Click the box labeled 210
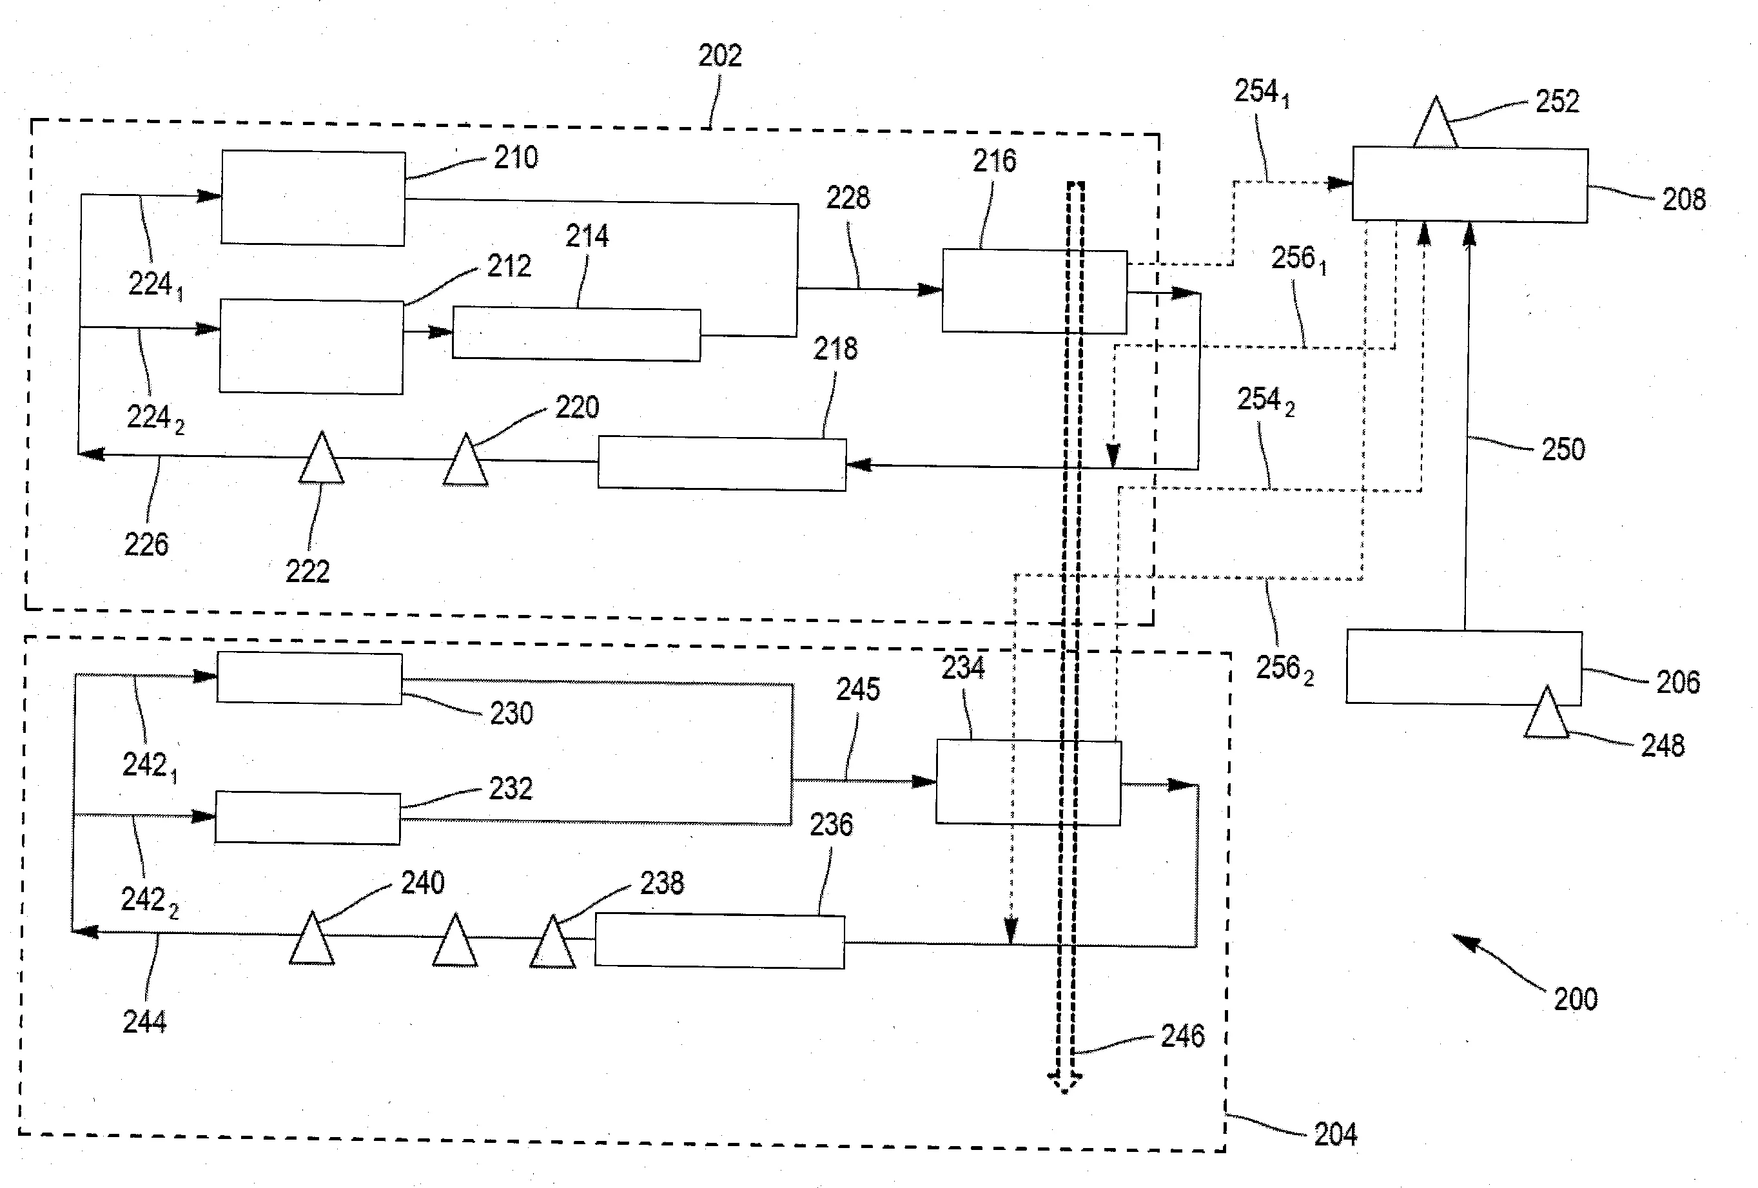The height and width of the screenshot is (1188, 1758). [313, 198]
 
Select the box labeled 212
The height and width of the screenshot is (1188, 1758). [311, 346]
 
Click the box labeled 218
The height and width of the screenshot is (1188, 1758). [721, 463]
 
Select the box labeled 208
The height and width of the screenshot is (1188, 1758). [1469, 185]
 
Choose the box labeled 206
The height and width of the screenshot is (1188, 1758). [1463, 667]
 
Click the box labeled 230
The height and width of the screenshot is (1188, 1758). [309, 678]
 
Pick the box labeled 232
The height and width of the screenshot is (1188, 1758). [307, 817]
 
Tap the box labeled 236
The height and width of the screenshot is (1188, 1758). [719, 942]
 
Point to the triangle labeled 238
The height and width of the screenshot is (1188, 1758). [553, 944]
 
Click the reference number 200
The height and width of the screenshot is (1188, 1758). [1575, 999]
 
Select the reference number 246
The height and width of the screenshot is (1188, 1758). [1182, 1035]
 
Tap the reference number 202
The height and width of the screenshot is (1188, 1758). [719, 55]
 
